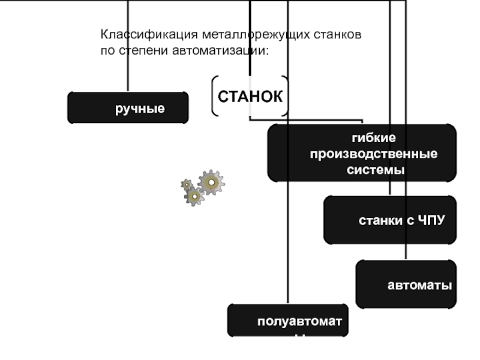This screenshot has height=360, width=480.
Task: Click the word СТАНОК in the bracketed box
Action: [x=250, y=96]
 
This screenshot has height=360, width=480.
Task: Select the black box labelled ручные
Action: [x=128, y=108]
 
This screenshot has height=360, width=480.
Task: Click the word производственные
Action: [x=373, y=154]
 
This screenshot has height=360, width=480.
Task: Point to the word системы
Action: [x=376, y=170]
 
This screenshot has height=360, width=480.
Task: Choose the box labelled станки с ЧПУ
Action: [x=390, y=220]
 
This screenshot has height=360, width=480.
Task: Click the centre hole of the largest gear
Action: [x=211, y=182]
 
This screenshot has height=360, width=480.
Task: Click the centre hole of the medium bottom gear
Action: [x=194, y=196]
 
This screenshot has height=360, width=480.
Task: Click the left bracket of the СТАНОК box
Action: [x=214, y=96]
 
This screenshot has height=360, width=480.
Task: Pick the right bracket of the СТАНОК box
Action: [x=286, y=96]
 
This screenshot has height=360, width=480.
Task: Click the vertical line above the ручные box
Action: [x=128, y=60]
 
